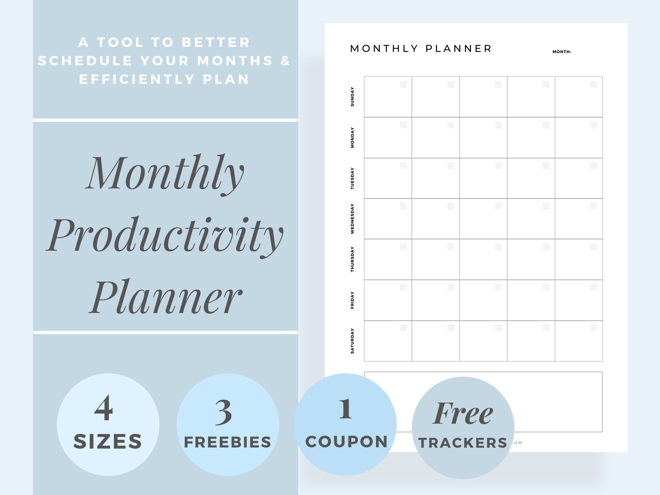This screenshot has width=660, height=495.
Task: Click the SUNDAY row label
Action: (x=352, y=97)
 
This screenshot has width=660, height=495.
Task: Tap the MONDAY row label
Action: (x=352, y=137)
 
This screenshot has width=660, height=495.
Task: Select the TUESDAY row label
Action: (x=352, y=178)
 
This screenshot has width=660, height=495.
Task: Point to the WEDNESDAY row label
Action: (x=352, y=219)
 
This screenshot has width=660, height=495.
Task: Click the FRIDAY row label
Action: (x=352, y=300)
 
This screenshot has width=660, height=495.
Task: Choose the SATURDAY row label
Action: (x=352, y=341)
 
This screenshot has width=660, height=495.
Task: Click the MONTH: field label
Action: (x=561, y=52)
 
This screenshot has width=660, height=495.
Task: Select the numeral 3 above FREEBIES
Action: (x=224, y=413)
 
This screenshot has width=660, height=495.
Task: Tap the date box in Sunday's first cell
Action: (x=403, y=84)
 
